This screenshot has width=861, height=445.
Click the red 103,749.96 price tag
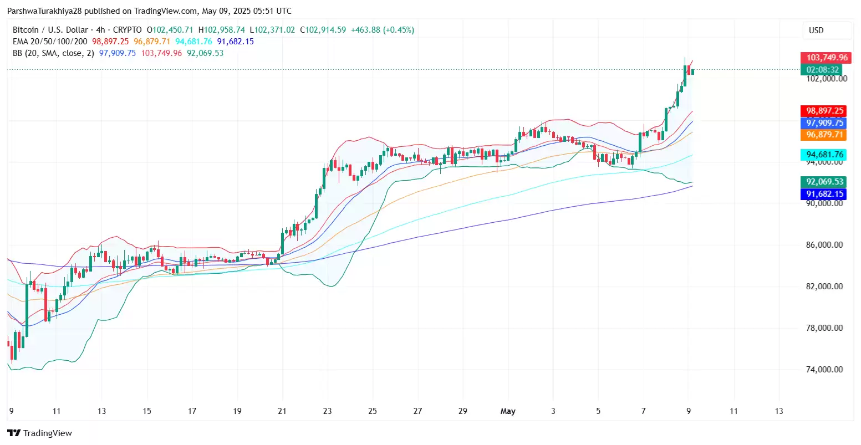point(827,58)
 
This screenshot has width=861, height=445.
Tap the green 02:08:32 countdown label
point(823,70)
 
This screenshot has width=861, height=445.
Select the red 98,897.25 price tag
point(824,111)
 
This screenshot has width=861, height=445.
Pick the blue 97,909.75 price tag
point(824,123)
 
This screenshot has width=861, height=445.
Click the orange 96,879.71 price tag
point(824,135)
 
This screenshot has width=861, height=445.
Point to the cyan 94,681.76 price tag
point(824,155)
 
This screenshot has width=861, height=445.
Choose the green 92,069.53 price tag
point(824,182)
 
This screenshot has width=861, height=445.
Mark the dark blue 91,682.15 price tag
point(824,194)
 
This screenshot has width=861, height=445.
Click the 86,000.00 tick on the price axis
point(824,245)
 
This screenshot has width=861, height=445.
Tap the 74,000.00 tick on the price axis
point(824,370)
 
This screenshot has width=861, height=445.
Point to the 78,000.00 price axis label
point(824,328)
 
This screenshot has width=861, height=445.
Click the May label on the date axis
point(508,411)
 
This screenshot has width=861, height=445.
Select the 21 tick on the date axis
point(282,411)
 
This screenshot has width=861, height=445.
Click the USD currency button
point(816,30)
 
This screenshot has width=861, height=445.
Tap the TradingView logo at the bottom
point(40,433)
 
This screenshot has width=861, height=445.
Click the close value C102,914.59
point(323,30)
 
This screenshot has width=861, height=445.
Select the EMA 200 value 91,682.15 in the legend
point(235,42)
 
